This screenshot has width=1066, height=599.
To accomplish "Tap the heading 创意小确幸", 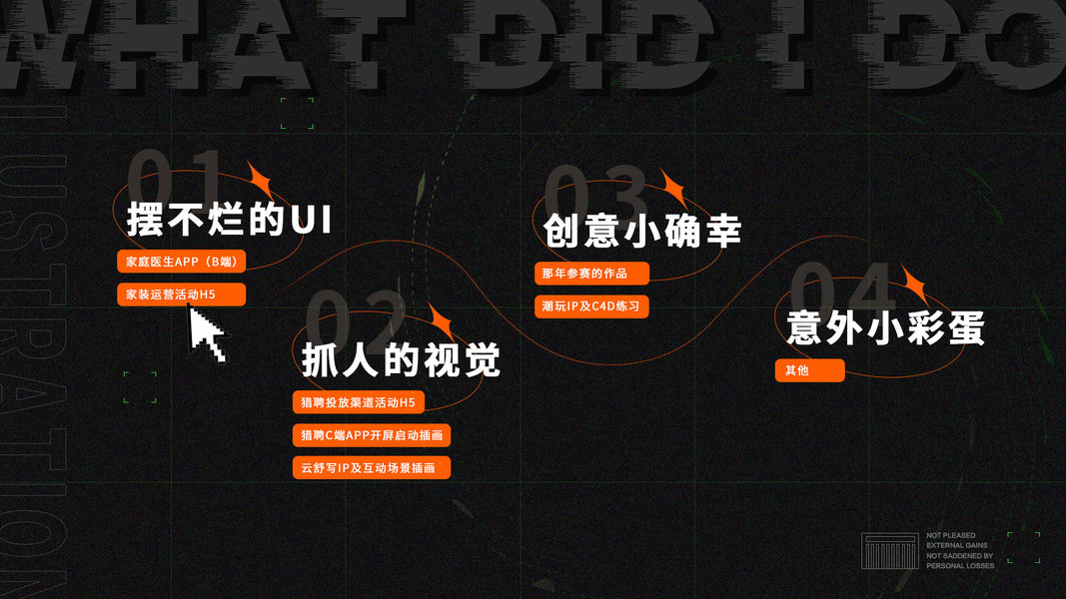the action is point(641,231).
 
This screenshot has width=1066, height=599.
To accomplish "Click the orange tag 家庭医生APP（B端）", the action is point(181,262).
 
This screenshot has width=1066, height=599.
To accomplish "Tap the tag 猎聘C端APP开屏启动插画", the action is point(371,435).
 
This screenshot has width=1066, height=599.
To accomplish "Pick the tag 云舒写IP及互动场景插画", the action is point(371,467).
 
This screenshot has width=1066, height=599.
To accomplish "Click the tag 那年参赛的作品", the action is point(592,274).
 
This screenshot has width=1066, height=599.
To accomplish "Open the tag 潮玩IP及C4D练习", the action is point(592,306).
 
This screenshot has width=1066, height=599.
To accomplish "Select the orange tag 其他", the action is point(809,370).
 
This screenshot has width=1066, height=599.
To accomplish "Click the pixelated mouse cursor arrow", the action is point(206,334).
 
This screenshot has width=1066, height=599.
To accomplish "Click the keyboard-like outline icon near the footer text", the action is point(889,552).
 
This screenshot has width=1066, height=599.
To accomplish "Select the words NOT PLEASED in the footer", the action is point(951,536).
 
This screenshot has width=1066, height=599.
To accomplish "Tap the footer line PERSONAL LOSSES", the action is point(960,566).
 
